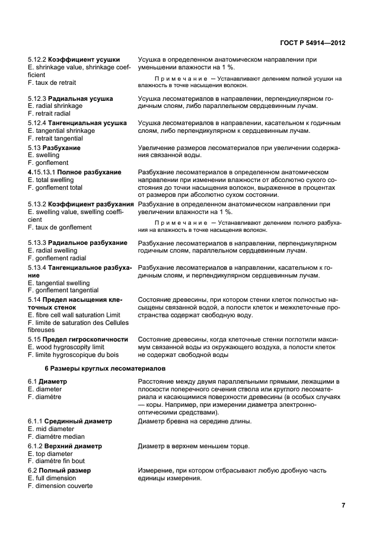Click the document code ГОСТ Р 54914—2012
(x=313, y=43)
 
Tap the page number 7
(x=343, y=505)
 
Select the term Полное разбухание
(x=89, y=172)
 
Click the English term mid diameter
(x=54, y=429)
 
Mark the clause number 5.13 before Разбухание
(x=34, y=148)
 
